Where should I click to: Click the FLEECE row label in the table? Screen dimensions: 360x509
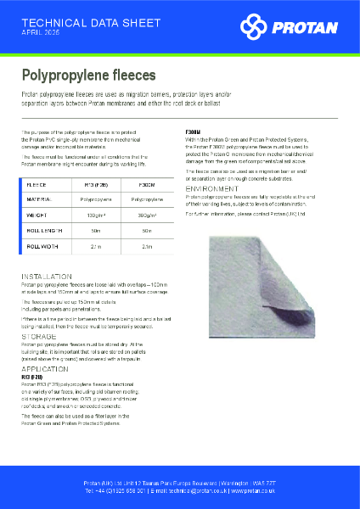click(37, 183)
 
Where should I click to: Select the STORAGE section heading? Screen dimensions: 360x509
click(40, 337)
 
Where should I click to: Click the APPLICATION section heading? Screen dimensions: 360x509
click(47, 372)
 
